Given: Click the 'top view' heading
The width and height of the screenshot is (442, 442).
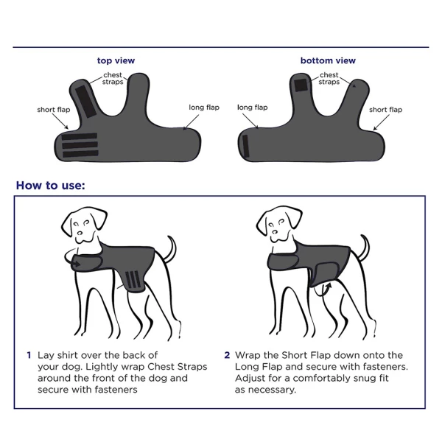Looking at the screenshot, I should tap(116, 60).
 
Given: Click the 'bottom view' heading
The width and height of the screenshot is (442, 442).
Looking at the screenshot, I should tap(328, 60).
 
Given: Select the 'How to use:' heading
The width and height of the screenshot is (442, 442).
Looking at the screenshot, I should tap(50, 185).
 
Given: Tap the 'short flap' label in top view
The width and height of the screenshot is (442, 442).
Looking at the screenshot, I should tap(53, 110).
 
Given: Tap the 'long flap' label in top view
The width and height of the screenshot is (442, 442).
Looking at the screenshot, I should tap(203, 108).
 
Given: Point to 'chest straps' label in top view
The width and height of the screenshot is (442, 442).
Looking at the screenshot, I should tap(113, 79).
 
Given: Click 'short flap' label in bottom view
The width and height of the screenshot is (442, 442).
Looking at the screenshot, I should tap(385, 110).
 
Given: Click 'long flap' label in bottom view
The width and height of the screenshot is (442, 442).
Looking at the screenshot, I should tap(252, 108).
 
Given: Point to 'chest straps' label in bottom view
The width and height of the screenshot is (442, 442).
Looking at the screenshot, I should tap(329, 79).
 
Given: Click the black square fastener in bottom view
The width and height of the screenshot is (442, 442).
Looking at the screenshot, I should tap(301, 85).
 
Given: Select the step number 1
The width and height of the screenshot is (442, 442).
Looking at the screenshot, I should tap(29, 355).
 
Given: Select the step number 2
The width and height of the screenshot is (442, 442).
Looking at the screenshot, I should tap(227, 355).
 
